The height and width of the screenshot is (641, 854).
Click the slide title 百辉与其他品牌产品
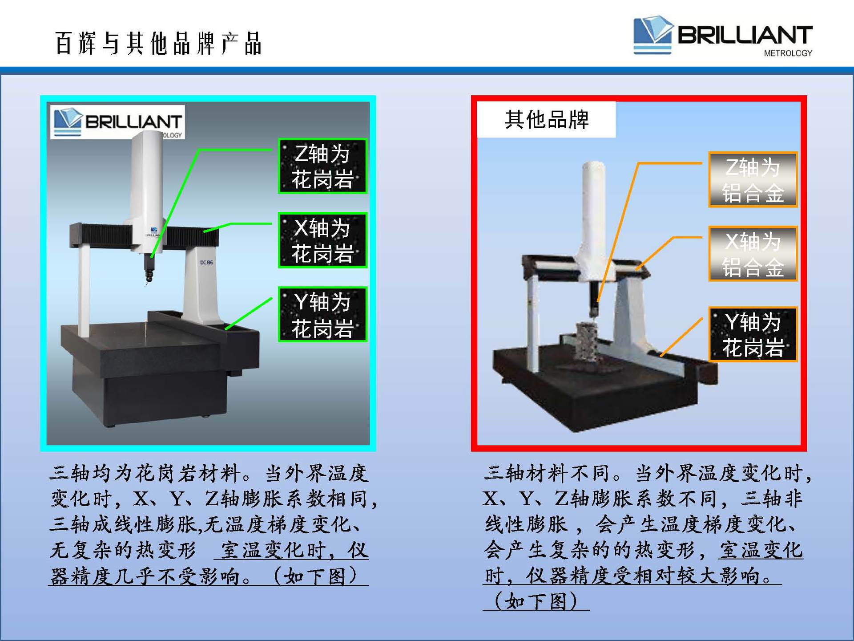(x=158, y=44)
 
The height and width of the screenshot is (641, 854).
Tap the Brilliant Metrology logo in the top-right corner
(x=723, y=36)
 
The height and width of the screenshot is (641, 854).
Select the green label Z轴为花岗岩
(x=322, y=166)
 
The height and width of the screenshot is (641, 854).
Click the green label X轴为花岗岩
(x=322, y=240)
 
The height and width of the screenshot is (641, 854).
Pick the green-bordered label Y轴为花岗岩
(x=322, y=314)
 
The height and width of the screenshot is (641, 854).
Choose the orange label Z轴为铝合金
(x=753, y=180)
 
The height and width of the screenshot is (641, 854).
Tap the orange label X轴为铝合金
(x=753, y=254)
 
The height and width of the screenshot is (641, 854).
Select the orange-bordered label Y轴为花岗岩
(x=753, y=334)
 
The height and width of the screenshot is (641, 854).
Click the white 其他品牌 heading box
(x=546, y=119)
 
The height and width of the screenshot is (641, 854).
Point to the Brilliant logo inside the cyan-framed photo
(x=117, y=122)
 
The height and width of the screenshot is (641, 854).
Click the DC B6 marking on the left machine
(x=206, y=263)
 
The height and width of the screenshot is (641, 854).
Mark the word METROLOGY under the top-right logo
(x=788, y=53)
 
